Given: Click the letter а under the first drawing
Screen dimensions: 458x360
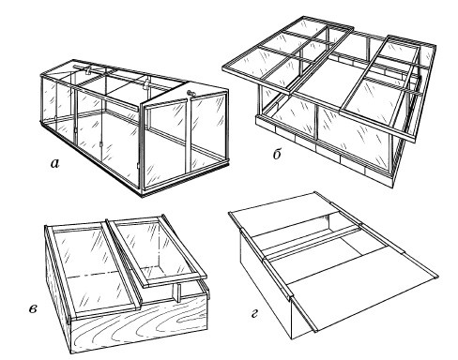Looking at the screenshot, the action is click(54, 163).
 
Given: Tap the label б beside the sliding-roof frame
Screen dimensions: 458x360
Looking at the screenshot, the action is click(277, 154).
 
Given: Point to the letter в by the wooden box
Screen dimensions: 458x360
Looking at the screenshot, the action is click(33, 309).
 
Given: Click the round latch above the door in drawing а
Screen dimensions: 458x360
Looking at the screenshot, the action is click(190, 93).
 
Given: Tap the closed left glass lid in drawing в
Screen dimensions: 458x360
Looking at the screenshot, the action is click(91, 269).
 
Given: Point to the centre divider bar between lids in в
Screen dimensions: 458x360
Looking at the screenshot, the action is click(124, 262).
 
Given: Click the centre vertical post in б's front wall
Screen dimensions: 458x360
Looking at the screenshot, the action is click(316, 125).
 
